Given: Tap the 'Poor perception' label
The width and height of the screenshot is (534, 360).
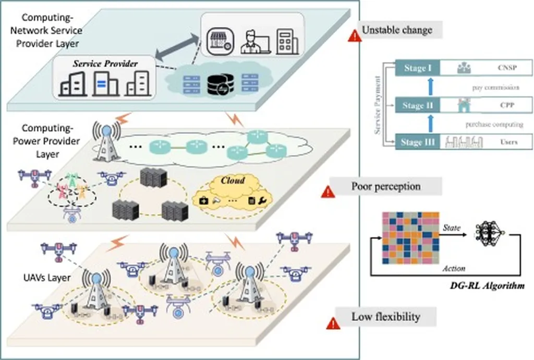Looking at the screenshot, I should [386, 186].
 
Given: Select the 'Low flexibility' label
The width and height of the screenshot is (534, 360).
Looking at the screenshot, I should [386, 317].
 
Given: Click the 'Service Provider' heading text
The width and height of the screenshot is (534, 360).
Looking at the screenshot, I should [105, 64].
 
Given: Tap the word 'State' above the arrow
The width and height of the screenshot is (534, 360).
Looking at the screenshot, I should [452, 228].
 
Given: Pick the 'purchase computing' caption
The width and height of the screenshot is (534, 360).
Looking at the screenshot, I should [487, 125].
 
